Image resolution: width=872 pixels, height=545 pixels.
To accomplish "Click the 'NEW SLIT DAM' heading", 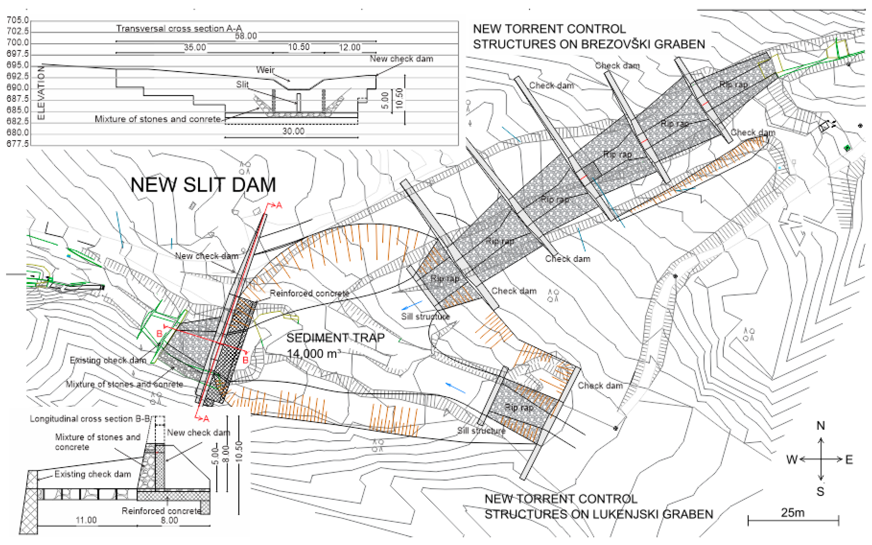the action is click(203, 185).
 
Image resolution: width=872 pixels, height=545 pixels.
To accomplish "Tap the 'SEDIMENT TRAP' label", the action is click(335, 338).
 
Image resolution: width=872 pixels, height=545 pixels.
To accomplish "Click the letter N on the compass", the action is click(821, 426).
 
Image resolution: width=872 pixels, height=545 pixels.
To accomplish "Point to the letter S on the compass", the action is click(821, 491).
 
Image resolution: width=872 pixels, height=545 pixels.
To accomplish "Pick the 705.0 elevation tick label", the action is click(17, 20).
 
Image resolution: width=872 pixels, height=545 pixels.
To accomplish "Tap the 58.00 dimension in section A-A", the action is click(246, 36).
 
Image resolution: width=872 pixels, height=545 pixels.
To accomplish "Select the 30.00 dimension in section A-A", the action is click(293, 131).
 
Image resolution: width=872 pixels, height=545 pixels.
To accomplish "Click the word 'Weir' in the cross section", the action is click(265, 70).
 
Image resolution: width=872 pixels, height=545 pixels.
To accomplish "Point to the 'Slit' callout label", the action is click(242, 84).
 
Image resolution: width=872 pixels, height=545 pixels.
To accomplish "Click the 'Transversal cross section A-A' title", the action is click(179, 28).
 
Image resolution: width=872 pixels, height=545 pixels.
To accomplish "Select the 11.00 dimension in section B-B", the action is click(86, 520).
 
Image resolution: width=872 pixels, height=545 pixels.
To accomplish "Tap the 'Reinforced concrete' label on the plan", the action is click(309, 293).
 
